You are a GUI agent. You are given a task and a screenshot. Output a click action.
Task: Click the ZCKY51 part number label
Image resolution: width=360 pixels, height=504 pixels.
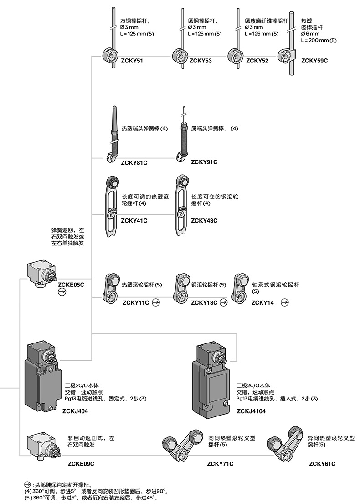click(130, 60)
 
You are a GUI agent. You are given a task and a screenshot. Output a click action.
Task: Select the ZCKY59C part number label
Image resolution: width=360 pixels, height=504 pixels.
click(314, 60)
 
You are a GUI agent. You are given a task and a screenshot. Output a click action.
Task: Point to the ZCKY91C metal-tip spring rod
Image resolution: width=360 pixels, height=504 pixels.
click(183, 135)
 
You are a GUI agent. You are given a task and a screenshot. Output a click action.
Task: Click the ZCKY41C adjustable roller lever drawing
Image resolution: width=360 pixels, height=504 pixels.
click(111, 205)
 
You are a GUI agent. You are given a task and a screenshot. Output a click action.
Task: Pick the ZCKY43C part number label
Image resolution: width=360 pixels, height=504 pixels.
click(204, 221)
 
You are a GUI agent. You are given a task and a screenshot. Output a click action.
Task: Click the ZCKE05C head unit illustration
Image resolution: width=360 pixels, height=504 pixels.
click(41, 274)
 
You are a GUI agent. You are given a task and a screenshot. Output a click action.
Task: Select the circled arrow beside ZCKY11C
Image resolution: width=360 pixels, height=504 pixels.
click(156, 302)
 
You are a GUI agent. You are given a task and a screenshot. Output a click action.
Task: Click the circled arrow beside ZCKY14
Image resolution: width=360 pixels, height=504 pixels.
click(284, 302)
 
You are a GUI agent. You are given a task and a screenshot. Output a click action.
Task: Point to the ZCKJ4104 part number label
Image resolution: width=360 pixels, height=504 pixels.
click(251, 411)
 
